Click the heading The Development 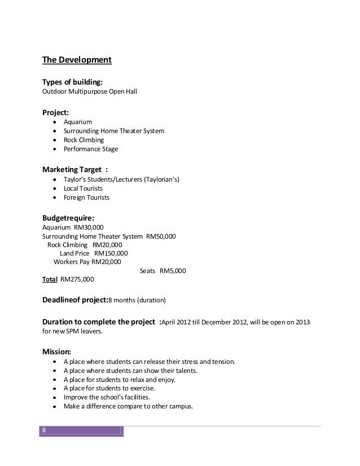click(77, 60)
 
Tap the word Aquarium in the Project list click(77, 122)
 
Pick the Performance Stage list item click(91, 149)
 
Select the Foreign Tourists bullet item click(86, 198)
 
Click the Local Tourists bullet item click(82, 189)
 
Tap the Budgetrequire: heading click(69, 218)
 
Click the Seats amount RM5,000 click(173, 271)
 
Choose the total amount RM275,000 click(77, 279)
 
